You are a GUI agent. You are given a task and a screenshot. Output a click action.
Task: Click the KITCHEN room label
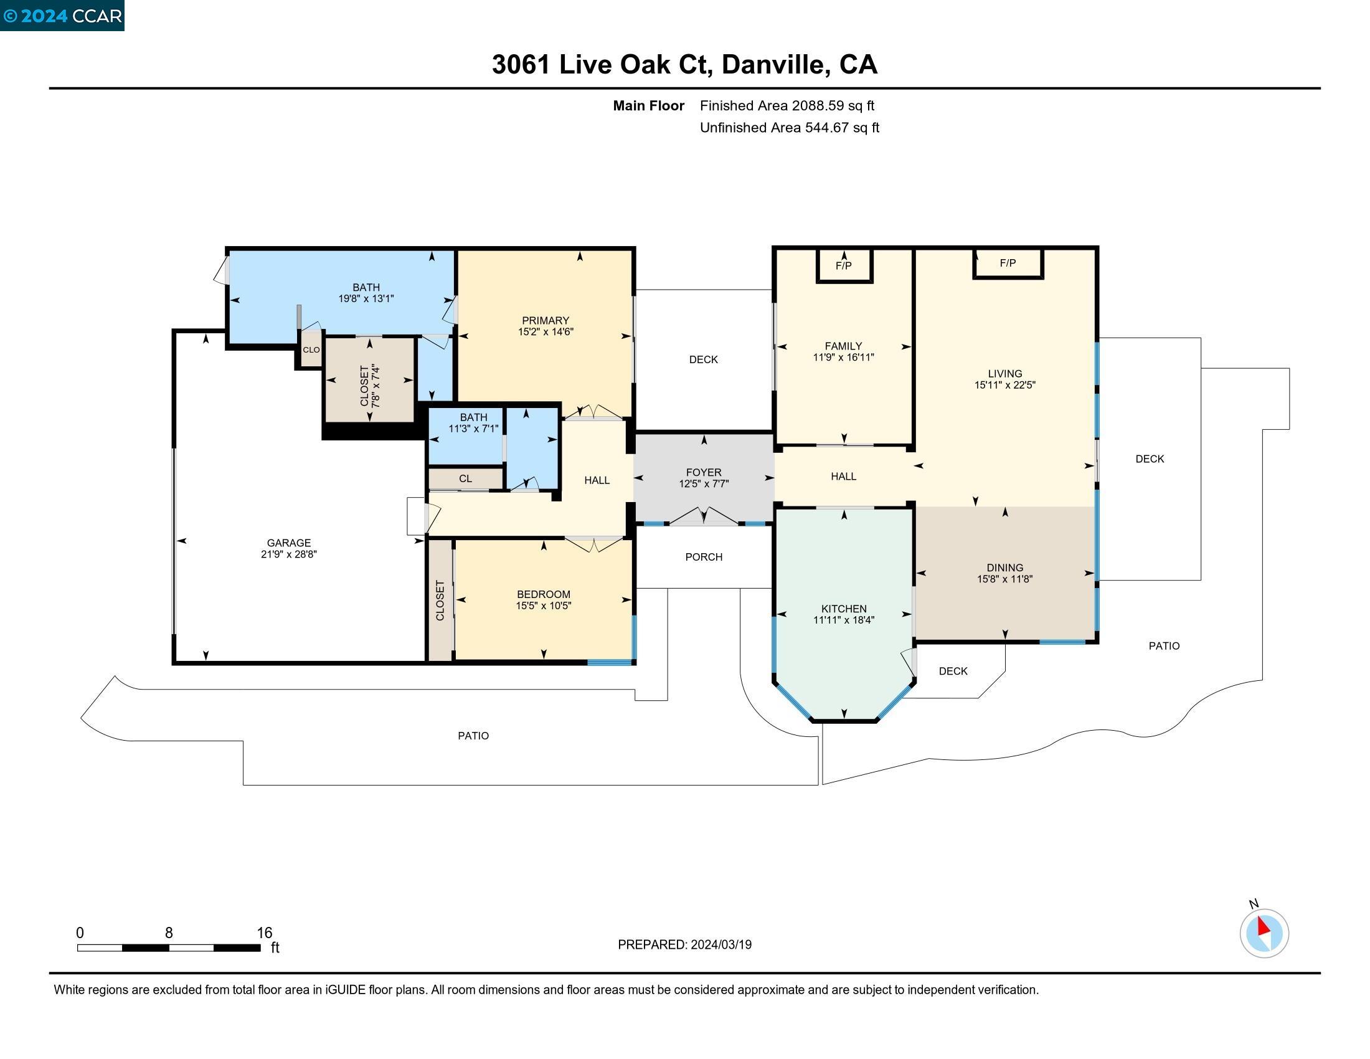[844, 609]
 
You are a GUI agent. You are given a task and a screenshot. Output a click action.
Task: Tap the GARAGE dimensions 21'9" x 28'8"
[288, 554]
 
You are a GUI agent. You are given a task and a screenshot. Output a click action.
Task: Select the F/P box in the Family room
[844, 266]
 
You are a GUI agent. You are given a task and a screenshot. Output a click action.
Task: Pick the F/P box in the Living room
[1008, 264]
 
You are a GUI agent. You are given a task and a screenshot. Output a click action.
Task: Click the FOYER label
[704, 472]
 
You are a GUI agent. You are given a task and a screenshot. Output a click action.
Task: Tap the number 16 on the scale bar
[264, 933]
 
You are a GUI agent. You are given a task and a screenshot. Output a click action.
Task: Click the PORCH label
[704, 557]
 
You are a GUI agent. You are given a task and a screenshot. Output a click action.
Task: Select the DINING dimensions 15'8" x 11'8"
[1004, 579]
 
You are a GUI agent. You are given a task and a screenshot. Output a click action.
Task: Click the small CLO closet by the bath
[311, 350]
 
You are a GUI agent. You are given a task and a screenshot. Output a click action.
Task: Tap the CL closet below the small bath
[465, 478]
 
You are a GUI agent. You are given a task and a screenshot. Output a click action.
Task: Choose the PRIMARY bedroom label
[545, 321]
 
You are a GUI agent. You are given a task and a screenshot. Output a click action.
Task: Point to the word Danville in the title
[773, 65]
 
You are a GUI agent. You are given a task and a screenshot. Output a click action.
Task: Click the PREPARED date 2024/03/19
[720, 945]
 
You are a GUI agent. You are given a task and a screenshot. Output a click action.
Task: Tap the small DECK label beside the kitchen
[953, 672]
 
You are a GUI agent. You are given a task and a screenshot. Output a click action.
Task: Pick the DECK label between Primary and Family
[703, 359]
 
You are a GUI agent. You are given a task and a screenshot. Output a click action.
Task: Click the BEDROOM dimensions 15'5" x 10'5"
[543, 606]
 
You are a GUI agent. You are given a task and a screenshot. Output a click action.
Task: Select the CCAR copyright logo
[62, 16]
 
